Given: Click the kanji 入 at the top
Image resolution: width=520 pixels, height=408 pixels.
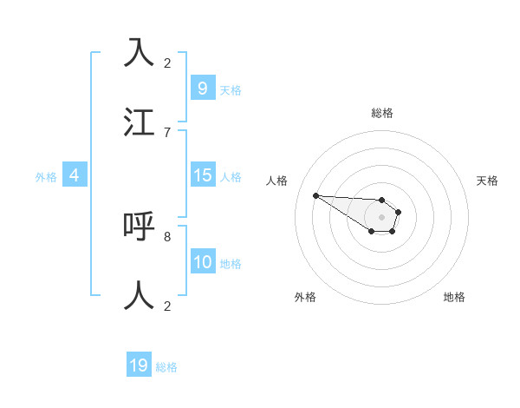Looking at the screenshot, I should (x=139, y=53).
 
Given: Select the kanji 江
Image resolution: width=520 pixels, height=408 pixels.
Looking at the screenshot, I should (x=139, y=122).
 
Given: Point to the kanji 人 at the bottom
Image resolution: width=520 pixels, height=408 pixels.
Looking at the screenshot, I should (x=139, y=295).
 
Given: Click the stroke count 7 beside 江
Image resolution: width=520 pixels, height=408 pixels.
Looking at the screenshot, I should (x=167, y=132).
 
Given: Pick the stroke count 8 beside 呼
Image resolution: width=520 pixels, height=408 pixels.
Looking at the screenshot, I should (x=167, y=236).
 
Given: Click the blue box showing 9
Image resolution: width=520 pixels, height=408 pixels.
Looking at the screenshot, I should (x=202, y=89).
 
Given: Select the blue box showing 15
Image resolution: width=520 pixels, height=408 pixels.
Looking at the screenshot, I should (x=202, y=175).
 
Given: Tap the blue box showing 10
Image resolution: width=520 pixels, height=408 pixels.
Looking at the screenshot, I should (x=202, y=262).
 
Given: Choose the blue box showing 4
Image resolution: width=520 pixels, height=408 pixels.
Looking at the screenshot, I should (x=75, y=175).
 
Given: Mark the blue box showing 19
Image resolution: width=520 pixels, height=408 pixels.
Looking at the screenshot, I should (x=139, y=365).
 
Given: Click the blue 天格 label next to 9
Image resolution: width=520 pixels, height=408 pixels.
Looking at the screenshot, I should (x=230, y=90).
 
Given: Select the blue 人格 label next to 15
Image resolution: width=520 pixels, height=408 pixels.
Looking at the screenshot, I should (x=230, y=177).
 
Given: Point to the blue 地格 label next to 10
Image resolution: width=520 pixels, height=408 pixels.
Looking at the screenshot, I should (x=230, y=264).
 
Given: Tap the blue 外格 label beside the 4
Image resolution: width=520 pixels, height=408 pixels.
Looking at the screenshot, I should (x=46, y=177).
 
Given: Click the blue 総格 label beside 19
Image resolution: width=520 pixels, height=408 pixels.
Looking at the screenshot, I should (x=166, y=367).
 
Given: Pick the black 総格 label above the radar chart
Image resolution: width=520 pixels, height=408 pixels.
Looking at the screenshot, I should (x=381, y=113).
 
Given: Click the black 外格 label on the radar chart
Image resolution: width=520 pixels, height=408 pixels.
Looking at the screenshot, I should (x=305, y=297).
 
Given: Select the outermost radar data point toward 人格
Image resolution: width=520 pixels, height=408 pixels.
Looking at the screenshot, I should (x=315, y=195).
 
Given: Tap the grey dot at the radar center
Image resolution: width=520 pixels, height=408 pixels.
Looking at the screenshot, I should (x=381, y=217).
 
